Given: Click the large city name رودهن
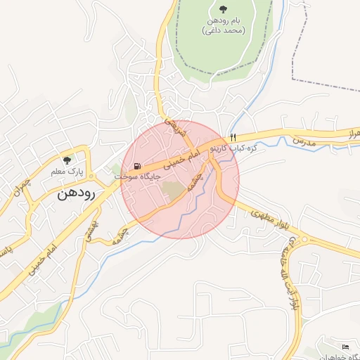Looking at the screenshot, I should click(77, 193).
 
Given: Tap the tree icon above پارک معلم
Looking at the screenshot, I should click(67, 160).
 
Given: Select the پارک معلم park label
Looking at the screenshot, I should click(67, 171).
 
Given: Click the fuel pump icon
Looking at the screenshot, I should click(147, 165).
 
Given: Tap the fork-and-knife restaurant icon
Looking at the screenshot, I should click(233, 137).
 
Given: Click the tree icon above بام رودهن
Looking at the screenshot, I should click(223, 9).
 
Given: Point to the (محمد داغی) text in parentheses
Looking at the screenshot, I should click(223, 31).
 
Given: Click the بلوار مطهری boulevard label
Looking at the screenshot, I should click(267, 219).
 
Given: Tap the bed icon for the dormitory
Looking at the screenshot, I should click(344, 347).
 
